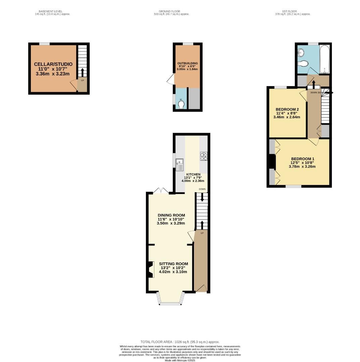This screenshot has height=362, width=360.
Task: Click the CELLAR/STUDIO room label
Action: point(53,64)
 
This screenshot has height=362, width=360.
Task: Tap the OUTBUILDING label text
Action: point(188,63)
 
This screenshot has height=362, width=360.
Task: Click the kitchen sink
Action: point(179,165)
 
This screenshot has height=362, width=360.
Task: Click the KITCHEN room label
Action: point(194,175)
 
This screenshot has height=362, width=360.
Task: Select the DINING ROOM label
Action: point(171,215)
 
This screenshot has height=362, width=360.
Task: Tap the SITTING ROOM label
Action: point(173,264)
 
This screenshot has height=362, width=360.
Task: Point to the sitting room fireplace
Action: point(149,269)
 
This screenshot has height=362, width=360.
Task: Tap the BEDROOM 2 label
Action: point(287,109)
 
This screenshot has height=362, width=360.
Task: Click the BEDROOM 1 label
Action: point(303,159)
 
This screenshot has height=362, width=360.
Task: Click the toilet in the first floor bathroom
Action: point(303,63)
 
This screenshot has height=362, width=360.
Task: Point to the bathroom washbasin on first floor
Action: point(301,52)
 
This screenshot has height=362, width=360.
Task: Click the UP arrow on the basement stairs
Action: point(82,72)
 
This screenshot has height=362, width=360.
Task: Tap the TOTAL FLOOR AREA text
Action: point(180,342)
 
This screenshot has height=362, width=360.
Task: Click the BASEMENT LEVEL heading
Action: point(51,11)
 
